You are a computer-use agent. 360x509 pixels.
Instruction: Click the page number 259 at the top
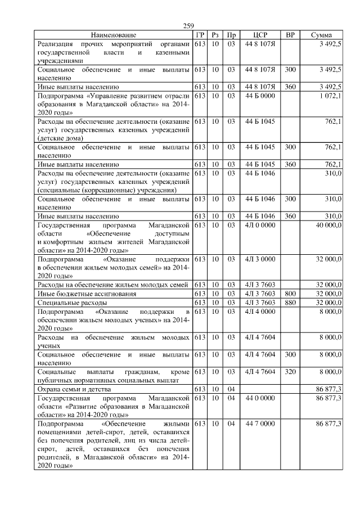tap(189, 26)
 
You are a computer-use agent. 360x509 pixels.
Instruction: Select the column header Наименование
tap(113, 35)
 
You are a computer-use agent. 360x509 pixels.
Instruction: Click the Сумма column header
tap(325, 35)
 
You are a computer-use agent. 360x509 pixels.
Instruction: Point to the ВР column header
tap(290, 35)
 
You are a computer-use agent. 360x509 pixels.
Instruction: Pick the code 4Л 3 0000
tap(260, 260)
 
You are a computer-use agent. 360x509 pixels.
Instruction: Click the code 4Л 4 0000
tap(260, 312)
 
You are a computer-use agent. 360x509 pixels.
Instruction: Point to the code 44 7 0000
tap(260, 424)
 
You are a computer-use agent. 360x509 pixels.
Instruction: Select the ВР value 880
tap(290, 303)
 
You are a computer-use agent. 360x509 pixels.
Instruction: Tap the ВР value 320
tap(290, 372)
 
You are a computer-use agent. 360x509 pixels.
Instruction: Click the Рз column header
tap(215, 35)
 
